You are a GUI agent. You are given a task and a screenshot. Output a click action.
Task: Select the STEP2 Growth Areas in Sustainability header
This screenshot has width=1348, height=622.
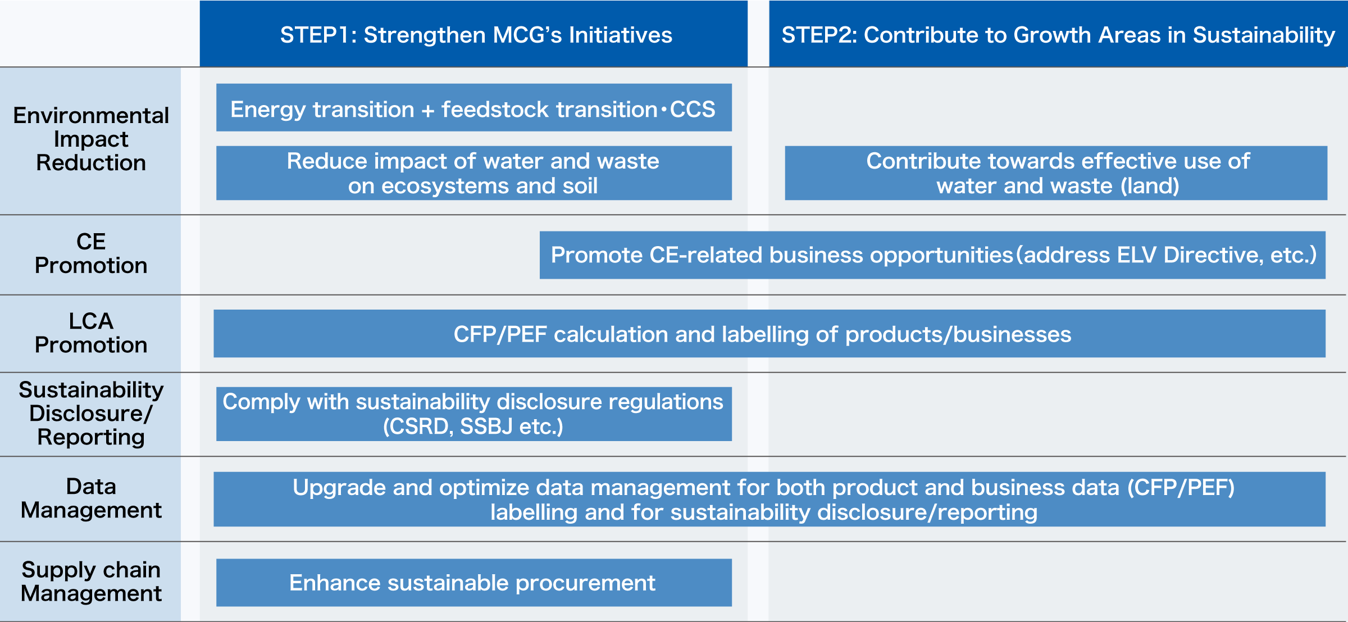1058,35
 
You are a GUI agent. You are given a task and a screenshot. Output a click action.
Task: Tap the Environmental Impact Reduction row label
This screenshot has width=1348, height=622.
91,139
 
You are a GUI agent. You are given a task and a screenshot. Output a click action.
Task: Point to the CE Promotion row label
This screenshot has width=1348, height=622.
91,253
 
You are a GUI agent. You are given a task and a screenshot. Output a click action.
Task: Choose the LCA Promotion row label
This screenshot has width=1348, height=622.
91,333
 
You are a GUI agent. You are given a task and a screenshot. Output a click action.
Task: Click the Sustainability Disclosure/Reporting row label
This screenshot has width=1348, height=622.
91,414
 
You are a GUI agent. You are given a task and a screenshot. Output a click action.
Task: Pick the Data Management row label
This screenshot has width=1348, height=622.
91,498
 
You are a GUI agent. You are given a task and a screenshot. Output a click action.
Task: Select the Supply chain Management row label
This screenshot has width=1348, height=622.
91,582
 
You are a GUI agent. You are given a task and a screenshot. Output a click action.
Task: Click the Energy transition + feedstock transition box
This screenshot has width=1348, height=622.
473,108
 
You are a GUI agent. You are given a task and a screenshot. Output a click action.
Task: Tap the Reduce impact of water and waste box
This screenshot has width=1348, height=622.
473,173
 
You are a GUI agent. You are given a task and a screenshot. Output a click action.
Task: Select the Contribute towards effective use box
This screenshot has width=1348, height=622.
1056,173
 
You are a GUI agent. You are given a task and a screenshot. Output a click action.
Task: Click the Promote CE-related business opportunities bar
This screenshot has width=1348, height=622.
932,255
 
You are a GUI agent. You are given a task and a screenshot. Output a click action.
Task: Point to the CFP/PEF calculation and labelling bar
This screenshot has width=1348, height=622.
769,334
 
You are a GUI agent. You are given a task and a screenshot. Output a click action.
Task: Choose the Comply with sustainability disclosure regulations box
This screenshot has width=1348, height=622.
473,414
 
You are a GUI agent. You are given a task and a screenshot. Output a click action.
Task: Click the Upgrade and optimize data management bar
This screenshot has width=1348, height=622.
769,500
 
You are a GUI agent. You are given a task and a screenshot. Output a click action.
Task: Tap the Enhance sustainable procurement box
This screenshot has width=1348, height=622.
473,583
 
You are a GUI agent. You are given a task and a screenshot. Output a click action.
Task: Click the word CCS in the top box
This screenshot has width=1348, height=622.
693,109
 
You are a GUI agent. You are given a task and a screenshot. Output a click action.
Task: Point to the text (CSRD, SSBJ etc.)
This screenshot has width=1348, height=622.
473,426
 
